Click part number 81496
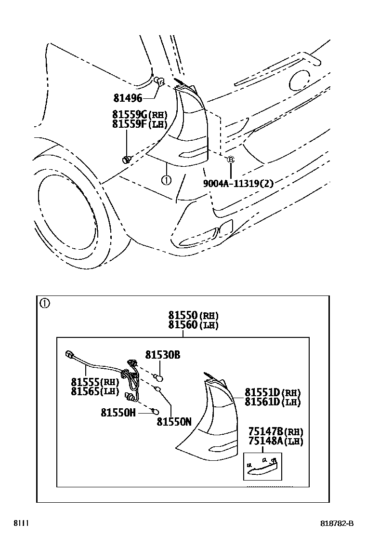[128, 98]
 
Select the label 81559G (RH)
[140, 114]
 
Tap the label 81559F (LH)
[139, 123]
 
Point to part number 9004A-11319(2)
[238, 184]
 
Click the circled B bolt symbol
[231, 159]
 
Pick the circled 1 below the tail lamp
[166, 180]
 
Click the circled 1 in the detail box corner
[45, 303]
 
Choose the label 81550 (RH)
[193, 315]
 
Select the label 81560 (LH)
[193, 325]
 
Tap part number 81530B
[163, 355]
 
